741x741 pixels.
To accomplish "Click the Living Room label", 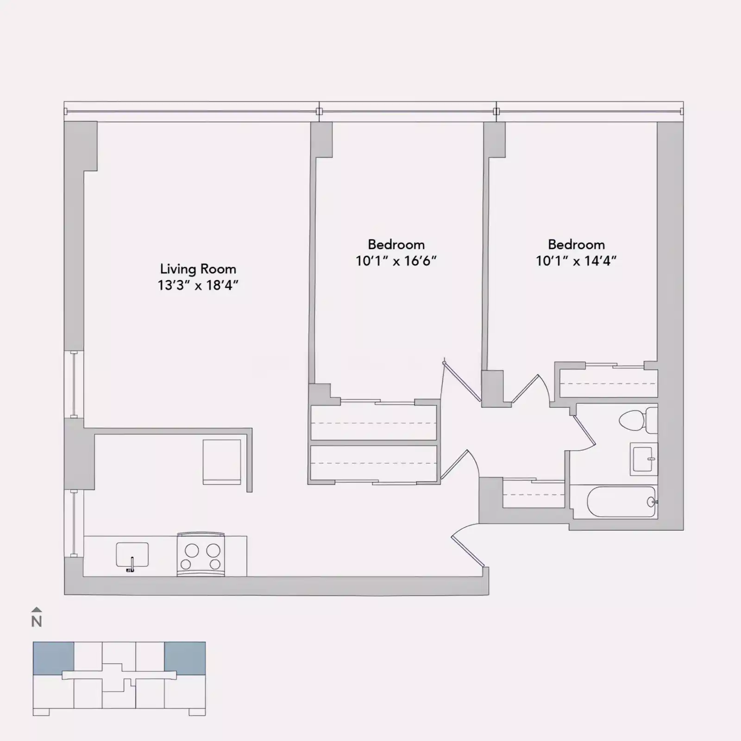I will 198,269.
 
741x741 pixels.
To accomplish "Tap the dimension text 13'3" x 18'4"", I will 198,285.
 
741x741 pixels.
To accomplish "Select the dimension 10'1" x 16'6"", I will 396,261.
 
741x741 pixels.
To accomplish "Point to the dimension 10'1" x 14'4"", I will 576,261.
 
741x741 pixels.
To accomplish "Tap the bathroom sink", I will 643,459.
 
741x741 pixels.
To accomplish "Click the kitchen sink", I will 132,555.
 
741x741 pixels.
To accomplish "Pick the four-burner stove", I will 201,555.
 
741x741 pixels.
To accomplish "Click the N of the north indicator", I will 37,622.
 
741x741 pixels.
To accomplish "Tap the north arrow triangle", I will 37,609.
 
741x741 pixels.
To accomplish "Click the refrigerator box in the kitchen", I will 222,462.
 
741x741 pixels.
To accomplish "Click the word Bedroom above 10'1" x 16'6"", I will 396,245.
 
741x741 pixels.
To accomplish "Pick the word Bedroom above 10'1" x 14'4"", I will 576,245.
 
